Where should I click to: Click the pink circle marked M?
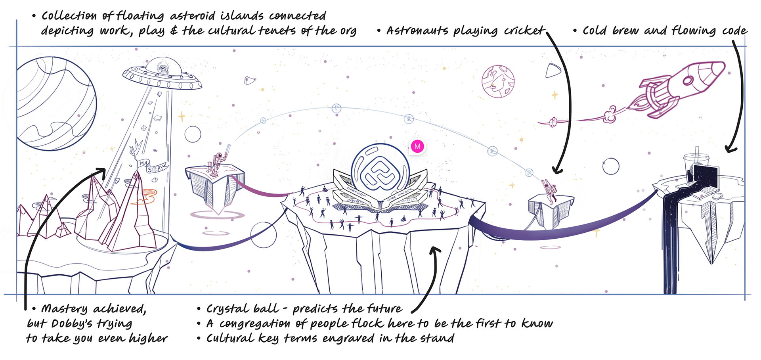click(417, 146)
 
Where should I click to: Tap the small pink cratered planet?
click(498, 81)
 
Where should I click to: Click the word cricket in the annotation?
click(524, 31)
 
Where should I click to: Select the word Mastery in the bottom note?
click(64, 309)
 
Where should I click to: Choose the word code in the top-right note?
click(734, 31)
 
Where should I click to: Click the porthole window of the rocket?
click(688, 80)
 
